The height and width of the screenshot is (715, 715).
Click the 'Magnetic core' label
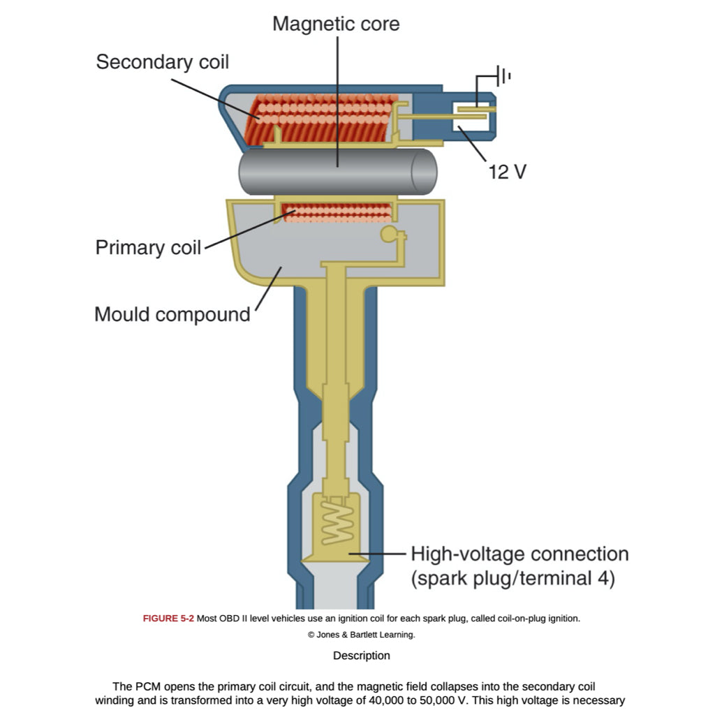pyautogui.click(x=336, y=24)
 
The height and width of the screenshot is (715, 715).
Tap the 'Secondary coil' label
pyautogui.click(x=162, y=61)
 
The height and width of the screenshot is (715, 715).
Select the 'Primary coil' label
pyautogui.click(x=148, y=248)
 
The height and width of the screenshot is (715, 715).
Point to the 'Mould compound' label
pyautogui.click(x=172, y=314)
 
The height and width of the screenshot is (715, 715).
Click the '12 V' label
pyautogui.click(x=508, y=171)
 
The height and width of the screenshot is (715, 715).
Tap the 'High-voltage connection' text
pyautogui.click(x=519, y=554)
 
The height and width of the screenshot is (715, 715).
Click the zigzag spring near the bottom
pyautogui.click(x=337, y=520)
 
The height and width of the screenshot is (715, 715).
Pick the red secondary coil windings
pyautogui.click(x=321, y=119)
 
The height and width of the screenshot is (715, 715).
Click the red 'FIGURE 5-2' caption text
pyautogui.click(x=168, y=619)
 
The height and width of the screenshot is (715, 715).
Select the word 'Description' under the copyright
pyautogui.click(x=361, y=656)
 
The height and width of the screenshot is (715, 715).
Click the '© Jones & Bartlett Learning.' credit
pyautogui.click(x=361, y=635)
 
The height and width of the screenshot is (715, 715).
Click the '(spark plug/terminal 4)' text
pyautogui.click(x=513, y=579)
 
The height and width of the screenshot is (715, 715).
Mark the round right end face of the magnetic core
pyautogui.click(x=424, y=172)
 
